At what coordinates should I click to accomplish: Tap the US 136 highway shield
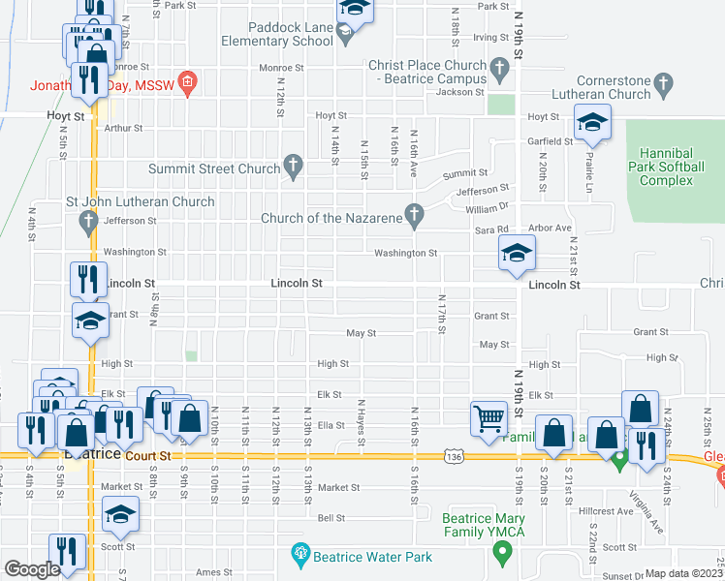(452, 455)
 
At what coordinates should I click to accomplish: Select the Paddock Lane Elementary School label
(276, 35)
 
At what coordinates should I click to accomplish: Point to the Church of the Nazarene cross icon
(415, 217)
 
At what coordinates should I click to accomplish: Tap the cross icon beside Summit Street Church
(293, 168)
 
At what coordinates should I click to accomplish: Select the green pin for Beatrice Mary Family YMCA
(502, 554)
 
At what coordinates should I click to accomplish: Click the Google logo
(32, 569)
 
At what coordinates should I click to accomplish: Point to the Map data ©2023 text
(684, 573)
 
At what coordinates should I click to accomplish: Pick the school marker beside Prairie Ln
(592, 123)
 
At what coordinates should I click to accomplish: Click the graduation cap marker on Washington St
(517, 255)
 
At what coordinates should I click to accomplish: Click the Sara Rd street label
(491, 230)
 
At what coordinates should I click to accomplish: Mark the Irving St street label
(490, 37)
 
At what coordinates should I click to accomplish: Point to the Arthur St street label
(123, 128)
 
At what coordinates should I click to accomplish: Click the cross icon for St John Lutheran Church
(87, 223)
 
